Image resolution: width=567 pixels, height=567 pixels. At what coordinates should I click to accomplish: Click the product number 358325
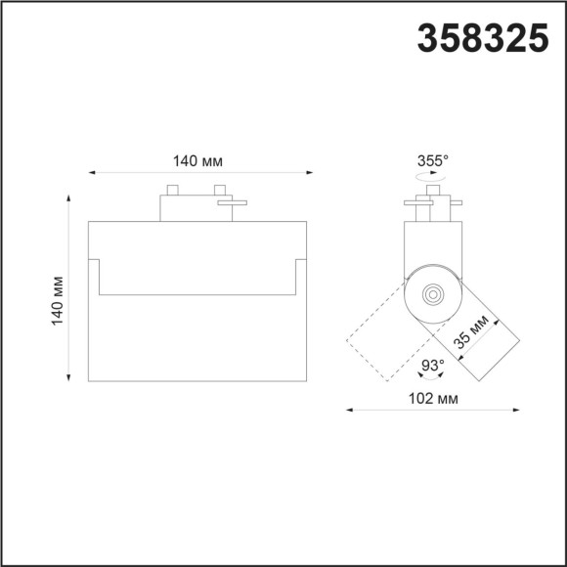click(483, 37)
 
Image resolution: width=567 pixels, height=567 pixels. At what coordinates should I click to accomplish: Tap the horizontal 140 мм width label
click(199, 160)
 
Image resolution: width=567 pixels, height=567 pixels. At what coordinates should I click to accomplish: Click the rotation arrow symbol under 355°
click(431, 179)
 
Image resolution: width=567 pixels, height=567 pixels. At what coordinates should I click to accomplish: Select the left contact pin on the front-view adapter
click(172, 189)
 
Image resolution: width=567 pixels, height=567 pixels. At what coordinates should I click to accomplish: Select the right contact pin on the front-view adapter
click(220, 189)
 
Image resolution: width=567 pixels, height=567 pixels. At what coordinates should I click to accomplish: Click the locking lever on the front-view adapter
click(235, 204)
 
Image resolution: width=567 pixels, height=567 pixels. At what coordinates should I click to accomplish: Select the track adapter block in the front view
click(196, 207)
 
